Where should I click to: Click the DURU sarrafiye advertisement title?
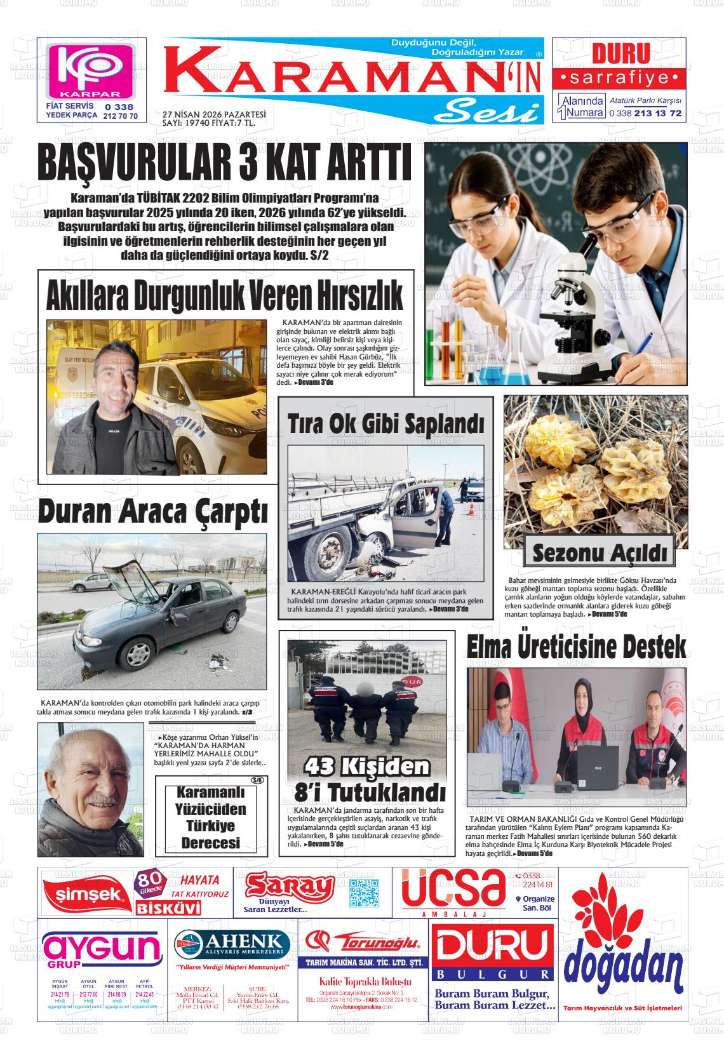point(620,54)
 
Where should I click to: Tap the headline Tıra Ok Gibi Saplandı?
point(385,422)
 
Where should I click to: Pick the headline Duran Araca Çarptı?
point(152,512)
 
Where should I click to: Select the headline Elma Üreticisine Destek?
point(576,647)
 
